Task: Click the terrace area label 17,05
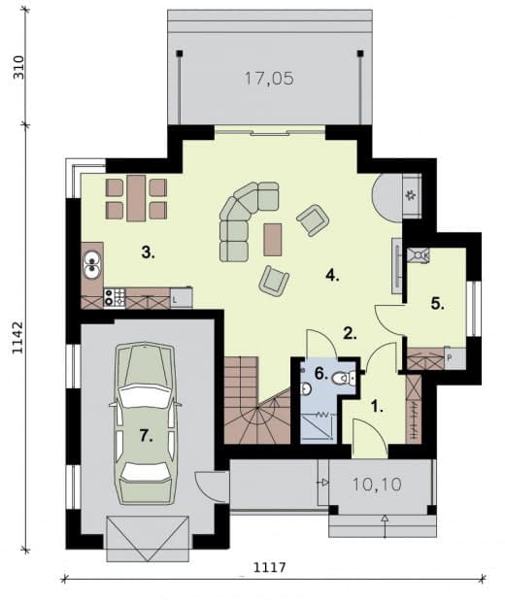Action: click(x=269, y=79)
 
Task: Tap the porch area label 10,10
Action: click(x=377, y=485)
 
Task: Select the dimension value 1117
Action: click(x=270, y=567)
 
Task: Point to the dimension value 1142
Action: click(x=18, y=337)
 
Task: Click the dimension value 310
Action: click(x=18, y=67)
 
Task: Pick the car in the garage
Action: click(x=146, y=423)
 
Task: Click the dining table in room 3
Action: click(x=136, y=198)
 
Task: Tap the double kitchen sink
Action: click(x=92, y=264)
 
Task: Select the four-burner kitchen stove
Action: click(x=115, y=298)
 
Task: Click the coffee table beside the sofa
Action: click(x=272, y=240)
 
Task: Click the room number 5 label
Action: click(x=437, y=304)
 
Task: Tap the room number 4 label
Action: click(x=332, y=275)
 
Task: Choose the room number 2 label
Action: click(x=350, y=334)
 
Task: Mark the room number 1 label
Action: click(x=377, y=407)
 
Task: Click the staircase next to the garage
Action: click(x=256, y=401)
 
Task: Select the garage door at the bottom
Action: click(x=148, y=539)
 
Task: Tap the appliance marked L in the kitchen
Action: click(x=181, y=298)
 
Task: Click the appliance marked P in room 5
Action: click(x=454, y=358)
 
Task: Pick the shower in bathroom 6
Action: click(x=319, y=426)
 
